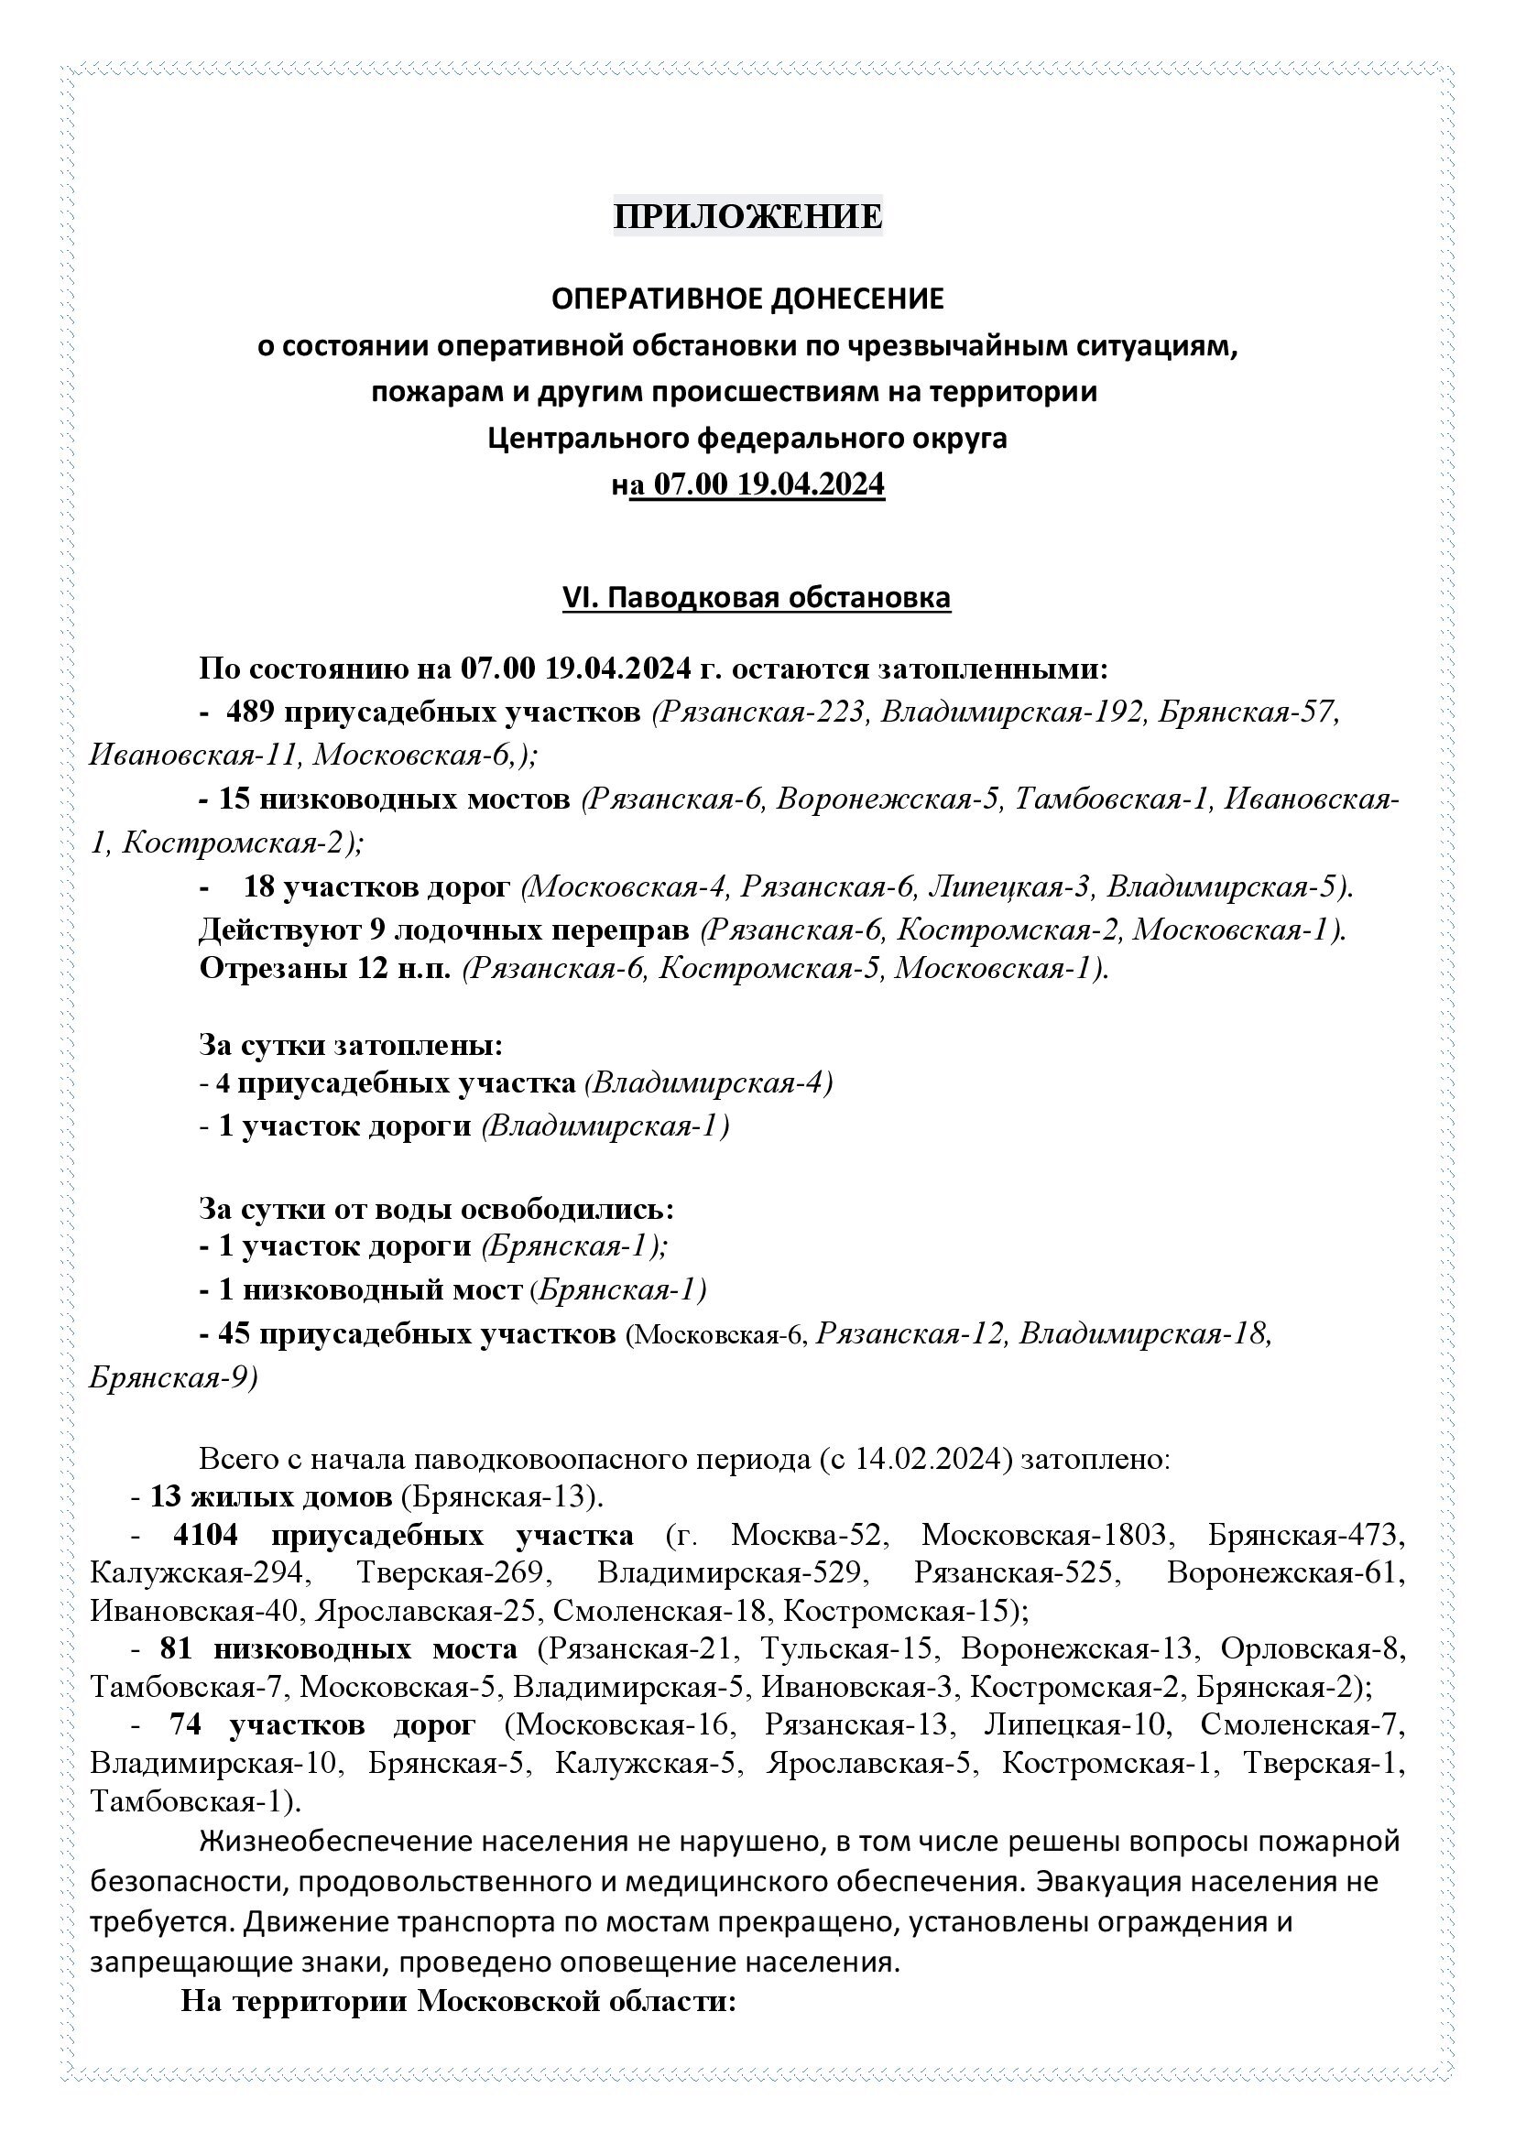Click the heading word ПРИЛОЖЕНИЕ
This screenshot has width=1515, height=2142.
pyautogui.click(x=747, y=216)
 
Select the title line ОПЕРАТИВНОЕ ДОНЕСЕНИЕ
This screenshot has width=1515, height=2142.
pyautogui.click(x=747, y=299)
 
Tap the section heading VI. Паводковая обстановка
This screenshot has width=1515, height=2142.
pyautogui.click(x=756, y=598)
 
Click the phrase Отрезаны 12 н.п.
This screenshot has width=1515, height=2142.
pyautogui.click(x=324, y=969)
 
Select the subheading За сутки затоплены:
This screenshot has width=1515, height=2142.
pyautogui.click(x=351, y=1045)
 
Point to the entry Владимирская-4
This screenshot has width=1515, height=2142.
pyautogui.click(x=709, y=1083)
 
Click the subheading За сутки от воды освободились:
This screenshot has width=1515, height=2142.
pyautogui.click(x=436, y=1210)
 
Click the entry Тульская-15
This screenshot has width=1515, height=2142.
pyautogui.click(x=847, y=1648)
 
